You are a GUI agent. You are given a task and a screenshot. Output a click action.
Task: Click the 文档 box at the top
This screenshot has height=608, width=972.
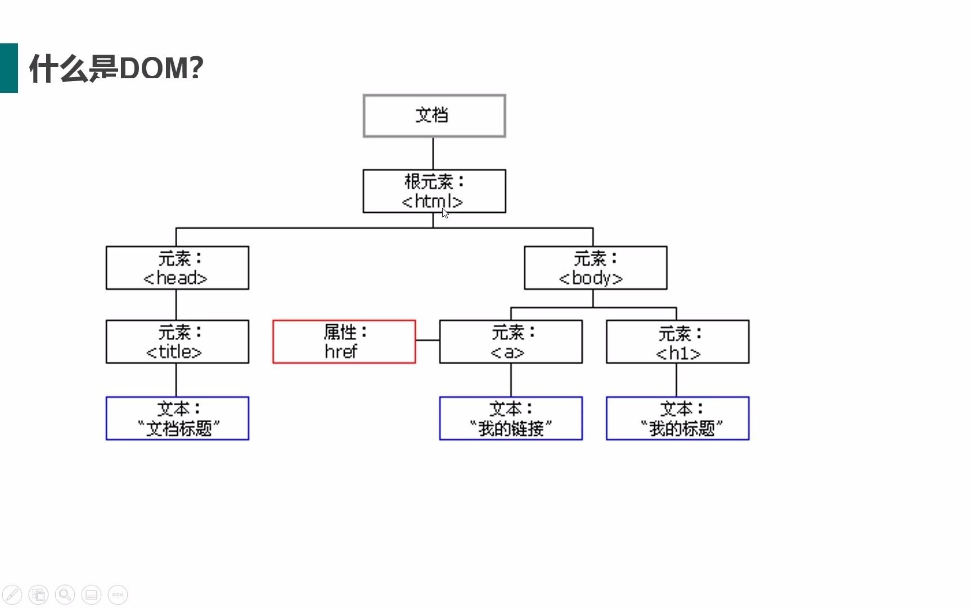coord(434,115)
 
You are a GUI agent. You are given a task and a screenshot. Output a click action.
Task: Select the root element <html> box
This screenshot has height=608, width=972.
coord(434,191)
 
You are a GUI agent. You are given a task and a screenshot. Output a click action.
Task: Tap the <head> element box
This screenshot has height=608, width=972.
coord(177,268)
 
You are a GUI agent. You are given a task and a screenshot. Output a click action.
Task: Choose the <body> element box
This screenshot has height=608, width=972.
coord(595,268)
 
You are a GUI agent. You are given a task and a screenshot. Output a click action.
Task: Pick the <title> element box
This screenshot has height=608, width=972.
coord(177,342)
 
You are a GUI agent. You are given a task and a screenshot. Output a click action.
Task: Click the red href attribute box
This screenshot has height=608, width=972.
coord(344,342)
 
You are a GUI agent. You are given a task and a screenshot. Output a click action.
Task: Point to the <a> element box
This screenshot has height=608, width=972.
coord(510,342)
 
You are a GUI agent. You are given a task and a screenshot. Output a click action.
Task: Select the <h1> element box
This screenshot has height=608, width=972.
coord(677,342)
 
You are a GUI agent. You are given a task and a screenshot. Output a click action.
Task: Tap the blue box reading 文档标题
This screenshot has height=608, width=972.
coord(177,418)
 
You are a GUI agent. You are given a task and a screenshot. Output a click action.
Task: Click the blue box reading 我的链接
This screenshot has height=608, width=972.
coord(510,418)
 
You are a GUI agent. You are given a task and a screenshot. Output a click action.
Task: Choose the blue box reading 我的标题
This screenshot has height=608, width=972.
coord(677,418)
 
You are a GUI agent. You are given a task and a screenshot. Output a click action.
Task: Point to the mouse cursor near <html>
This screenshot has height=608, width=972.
coord(445,213)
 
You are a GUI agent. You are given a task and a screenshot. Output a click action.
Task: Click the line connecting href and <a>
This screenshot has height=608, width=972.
coord(427,340)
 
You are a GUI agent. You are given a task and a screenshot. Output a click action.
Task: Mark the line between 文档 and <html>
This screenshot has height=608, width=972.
coord(433,153)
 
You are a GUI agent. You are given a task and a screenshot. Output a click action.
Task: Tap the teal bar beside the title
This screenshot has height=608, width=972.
coord(9,68)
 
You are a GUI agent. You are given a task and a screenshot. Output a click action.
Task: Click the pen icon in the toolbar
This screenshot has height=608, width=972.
coord(12,594)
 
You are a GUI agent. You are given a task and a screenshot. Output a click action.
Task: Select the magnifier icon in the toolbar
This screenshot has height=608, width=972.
coord(65,594)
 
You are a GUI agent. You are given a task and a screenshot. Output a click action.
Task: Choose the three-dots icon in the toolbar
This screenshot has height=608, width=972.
coord(118,594)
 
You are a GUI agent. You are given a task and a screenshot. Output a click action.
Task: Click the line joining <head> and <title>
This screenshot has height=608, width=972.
coord(176,305)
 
